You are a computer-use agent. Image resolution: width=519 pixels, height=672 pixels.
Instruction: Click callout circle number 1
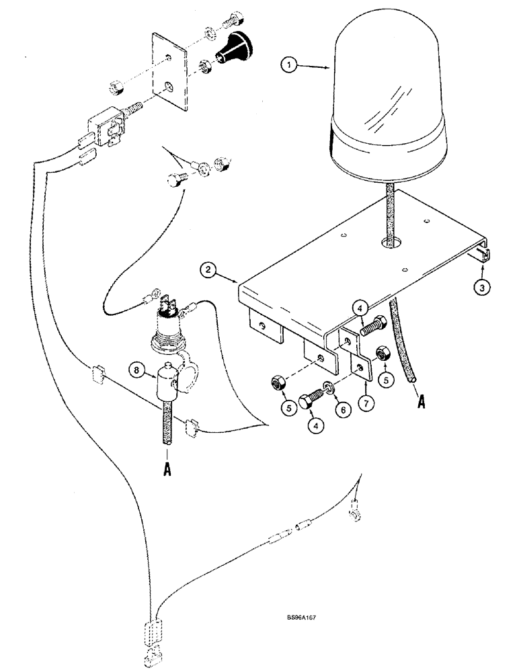pyautogui.click(x=289, y=65)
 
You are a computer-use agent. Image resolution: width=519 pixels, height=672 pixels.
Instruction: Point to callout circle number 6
pyautogui.click(x=344, y=407)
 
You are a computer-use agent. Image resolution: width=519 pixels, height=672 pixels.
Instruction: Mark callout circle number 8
pyautogui.click(x=137, y=370)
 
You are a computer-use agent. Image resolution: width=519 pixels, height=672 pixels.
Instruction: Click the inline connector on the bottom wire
pyautogui.click(x=280, y=538)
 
